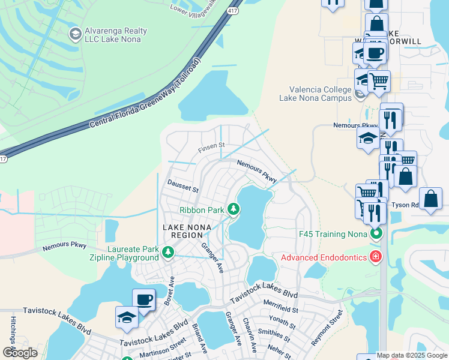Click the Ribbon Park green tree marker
pos(234,209)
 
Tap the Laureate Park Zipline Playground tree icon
pos(168,253)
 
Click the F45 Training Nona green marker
pos(376,233)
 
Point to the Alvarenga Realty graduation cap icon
pos(76,34)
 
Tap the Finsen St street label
pos(211,146)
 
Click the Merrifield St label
pos(280,308)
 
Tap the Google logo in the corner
pos(20,353)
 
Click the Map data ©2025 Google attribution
pos(412,355)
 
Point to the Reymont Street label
pos(326,327)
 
